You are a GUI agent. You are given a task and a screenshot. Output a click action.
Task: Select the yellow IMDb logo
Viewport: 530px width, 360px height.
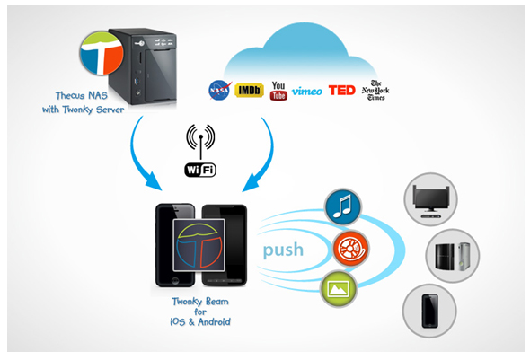pos(249,90)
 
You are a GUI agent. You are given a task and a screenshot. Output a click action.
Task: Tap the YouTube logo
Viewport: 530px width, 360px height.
pos(278,91)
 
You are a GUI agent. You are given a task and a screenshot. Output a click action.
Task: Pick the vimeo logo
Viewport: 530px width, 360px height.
pos(307,91)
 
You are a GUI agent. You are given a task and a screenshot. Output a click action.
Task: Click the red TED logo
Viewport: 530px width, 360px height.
pos(341,90)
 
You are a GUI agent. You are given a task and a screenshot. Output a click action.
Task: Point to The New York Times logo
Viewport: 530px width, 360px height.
pos(375,90)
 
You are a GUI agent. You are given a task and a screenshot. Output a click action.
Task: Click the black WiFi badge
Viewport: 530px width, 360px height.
pos(200,170)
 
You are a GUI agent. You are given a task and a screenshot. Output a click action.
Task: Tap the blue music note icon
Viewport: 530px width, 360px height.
pos(343,206)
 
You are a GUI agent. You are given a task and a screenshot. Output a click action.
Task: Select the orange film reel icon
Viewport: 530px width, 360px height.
pos(350,249)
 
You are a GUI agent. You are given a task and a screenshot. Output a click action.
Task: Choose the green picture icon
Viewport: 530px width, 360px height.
pos(339,289)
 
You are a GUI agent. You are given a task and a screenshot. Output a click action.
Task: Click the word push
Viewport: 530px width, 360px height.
pos(283,250)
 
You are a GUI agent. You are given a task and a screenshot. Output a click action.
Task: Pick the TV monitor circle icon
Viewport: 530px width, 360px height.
pos(430,199)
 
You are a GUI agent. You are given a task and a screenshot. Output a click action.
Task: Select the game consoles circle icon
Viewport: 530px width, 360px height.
pos(452,256)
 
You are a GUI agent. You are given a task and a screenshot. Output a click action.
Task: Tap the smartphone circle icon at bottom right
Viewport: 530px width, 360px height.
pos(429,311)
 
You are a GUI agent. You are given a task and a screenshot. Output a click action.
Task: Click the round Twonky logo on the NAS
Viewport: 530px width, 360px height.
pos(102,53)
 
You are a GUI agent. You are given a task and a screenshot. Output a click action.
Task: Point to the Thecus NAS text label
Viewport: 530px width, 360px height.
pos(82,95)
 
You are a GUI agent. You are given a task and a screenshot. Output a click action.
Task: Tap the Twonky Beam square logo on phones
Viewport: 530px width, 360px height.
pos(199,245)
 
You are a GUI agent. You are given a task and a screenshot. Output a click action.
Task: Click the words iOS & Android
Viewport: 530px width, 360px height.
pos(200,321)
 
